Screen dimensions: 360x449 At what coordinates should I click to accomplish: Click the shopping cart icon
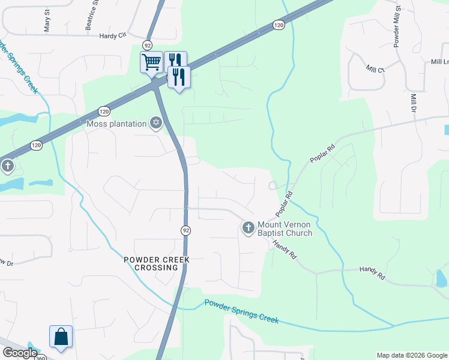(151, 61)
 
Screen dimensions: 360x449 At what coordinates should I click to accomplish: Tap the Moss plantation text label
(116, 124)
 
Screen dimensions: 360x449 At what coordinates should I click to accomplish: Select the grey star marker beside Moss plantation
(156, 124)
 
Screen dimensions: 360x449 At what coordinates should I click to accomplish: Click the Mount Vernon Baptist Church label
(285, 229)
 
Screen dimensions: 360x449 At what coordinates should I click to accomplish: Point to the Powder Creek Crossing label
(157, 263)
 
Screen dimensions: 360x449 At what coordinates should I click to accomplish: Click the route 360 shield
(40, 358)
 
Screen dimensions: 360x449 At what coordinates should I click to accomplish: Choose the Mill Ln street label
(439, 62)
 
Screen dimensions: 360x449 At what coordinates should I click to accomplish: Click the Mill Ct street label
(376, 70)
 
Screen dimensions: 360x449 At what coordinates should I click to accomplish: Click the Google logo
(20, 353)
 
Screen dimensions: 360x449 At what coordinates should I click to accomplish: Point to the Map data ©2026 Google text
(411, 355)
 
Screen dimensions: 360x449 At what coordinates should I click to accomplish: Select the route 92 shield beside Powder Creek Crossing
(186, 230)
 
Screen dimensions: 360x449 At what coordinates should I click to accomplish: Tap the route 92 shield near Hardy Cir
(147, 45)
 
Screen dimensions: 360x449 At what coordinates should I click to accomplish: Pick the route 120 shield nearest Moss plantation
(104, 112)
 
